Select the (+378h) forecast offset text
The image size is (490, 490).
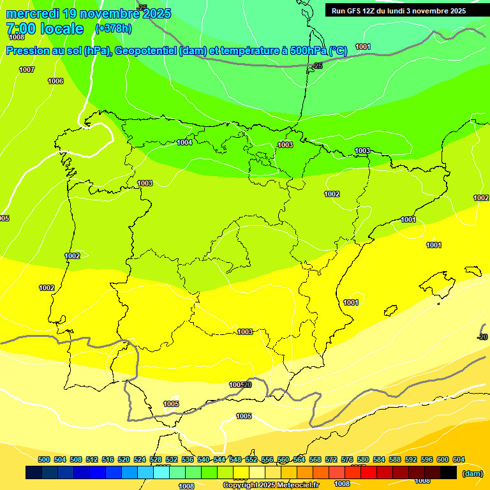click(x=113, y=29)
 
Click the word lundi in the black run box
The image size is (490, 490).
click(x=403, y=11)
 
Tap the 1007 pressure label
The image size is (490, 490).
click(x=27, y=70)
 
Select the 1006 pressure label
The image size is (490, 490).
click(x=56, y=81)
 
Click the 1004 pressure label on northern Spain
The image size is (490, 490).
click(x=184, y=142)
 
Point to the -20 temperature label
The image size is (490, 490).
click(x=482, y=337)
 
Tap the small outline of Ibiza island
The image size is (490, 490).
click(x=390, y=311)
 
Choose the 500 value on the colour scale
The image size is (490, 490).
click(x=44, y=459)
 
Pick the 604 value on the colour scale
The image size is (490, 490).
click(x=458, y=459)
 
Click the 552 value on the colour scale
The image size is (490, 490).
click(x=251, y=459)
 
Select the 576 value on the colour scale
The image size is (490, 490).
click(x=347, y=459)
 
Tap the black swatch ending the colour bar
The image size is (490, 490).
click(x=449, y=472)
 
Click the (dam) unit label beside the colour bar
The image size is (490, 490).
click(x=472, y=473)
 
